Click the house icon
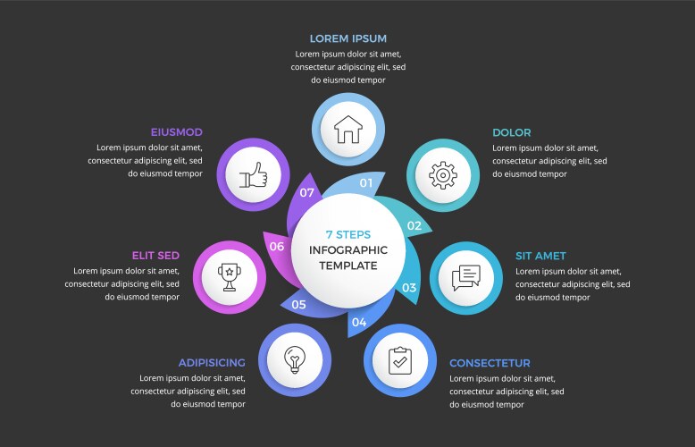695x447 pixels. coord(347,130)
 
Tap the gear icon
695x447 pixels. coord(443,175)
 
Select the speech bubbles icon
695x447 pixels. coord(465,278)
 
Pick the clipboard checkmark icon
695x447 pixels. coord(400,360)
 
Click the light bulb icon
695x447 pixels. coord(295,359)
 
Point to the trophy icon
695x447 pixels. coord(230,277)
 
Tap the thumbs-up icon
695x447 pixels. coord(253,174)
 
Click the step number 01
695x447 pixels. coord(366,183)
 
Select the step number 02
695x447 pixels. coord(414,225)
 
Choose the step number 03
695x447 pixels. coord(409,288)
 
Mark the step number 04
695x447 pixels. coord(359,323)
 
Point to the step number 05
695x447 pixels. coord(298,305)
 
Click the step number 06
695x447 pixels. coord(277,246)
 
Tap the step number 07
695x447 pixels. coord(306,192)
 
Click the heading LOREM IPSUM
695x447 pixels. coord(347,38)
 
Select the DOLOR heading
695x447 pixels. coord(512,132)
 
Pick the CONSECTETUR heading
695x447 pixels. coord(490,363)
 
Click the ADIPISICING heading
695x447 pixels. coord(212,363)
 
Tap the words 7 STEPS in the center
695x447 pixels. coord(347,234)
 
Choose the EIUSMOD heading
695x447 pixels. coord(176,132)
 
